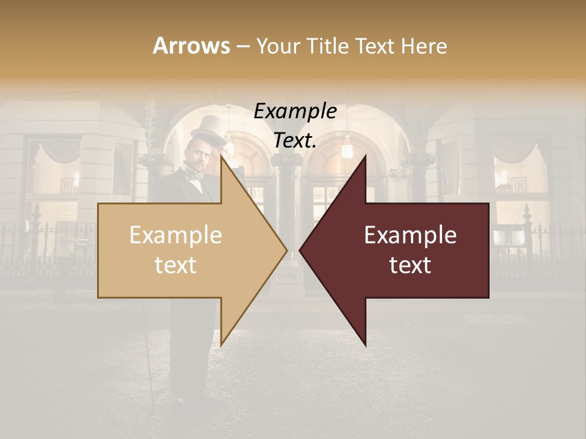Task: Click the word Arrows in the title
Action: pyautogui.click(x=191, y=46)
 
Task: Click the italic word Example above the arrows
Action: pyautogui.click(x=295, y=111)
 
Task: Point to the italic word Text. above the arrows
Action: pyautogui.click(x=295, y=140)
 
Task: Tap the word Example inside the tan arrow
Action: pyautogui.click(x=176, y=235)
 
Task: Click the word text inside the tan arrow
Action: pyautogui.click(x=176, y=265)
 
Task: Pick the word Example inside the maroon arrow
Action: pyautogui.click(x=410, y=235)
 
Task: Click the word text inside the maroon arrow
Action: pyautogui.click(x=410, y=265)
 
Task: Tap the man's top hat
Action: pyautogui.click(x=207, y=128)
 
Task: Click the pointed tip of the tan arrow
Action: pyautogui.click(x=285, y=250)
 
